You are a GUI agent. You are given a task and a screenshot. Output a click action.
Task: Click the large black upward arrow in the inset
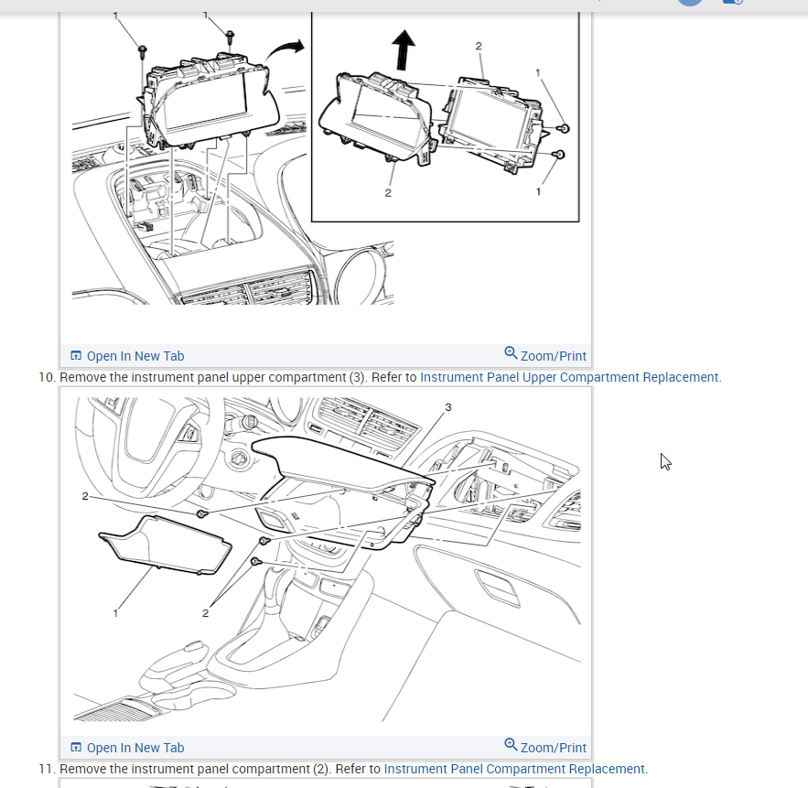pyautogui.click(x=404, y=49)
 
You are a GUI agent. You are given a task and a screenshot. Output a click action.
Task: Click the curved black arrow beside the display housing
pyautogui.click(x=284, y=49)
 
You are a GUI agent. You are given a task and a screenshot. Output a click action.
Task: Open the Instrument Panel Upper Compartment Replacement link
pyautogui.click(x=569, y=377)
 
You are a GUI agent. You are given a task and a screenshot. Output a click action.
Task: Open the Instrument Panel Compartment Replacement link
pyautogui.click(x=514, y=769)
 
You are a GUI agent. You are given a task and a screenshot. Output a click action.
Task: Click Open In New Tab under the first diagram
pyautogui.click(x=127, y=356)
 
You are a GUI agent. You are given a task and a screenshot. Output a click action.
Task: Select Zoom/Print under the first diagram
pyautogui.click(x=545, y=355)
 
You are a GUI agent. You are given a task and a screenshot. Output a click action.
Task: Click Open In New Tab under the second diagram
pyautogui.click(x=127, y=748)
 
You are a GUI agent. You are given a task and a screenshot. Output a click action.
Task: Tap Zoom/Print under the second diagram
pyautogui.click(x=545, y=747)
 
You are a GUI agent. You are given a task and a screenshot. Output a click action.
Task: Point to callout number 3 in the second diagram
pyautogui.click(x=448, y=407)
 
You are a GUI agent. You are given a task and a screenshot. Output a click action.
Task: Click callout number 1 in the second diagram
pyautogui.click(x=115, y=613)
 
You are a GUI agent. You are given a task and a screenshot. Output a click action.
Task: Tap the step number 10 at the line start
pyautogui.click(x=47, y=377)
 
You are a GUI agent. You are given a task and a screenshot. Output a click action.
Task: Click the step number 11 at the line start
pyautogui.click(x=47, y=769)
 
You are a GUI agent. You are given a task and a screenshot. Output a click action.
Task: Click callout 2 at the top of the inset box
pyautogui.click(x=479, y=46)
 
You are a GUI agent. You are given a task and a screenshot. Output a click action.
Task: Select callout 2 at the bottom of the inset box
pyautogui.click(x=388, y=193)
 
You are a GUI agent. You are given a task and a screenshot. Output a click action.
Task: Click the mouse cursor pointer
pyautogui.click(x=665, y=462)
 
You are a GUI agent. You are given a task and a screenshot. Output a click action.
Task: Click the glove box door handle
pyautogui.click(x=497, y=587)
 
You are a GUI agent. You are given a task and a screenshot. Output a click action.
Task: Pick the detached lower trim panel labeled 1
pyautogui.click(x=165, y=545)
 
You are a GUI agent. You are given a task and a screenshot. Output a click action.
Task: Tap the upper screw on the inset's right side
pyautogui.click(x=565, y=128)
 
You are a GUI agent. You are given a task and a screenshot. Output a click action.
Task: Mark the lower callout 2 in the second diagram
pyautogui.click(x=205, y=613)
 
